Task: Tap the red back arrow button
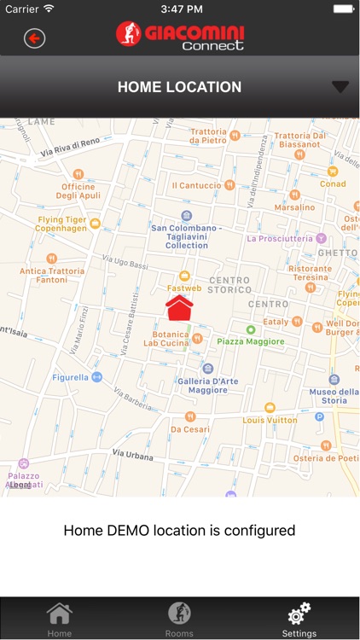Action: click(x=34, y=38)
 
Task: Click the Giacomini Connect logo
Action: click(x=180, y=36)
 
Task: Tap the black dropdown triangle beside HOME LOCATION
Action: click(x=340, y=86)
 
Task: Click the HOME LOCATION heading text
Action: click(x=179, y=87)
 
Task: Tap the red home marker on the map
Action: click(x=179, y=308)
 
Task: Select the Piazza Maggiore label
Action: click(x=250, y=341)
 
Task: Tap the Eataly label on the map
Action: click(x=276, y=322)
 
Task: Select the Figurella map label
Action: click(x=71, y=376)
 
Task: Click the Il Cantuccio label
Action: click(x=197, y=185)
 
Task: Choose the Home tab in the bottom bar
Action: click(x=59, y=619)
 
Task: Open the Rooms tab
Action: click(x=179, y=619)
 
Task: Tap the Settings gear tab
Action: click(x=299, y=619)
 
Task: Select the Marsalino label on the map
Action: click(x=294, y=207)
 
